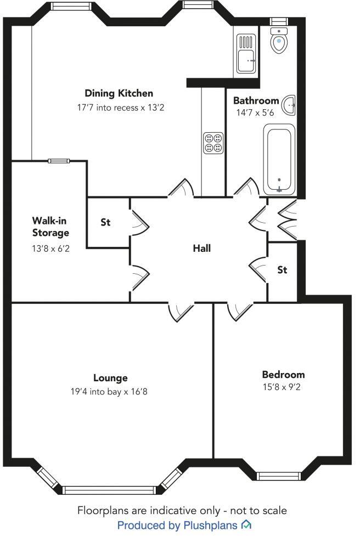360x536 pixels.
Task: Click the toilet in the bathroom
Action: click(x=279, y=41)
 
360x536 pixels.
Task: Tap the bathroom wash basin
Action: click(x=289, y=104)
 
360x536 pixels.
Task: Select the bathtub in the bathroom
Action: click(x=279, y=159)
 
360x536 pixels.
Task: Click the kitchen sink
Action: click(x=246, y=53)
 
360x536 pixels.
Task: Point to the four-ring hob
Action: click(x=213, y=143)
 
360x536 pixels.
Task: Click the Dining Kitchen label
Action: click(x=119, y=93)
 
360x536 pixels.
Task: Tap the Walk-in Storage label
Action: click(x=50, y=227)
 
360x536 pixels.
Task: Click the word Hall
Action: click(x=201, y=248)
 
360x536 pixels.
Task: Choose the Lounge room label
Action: click(x=110, y=377)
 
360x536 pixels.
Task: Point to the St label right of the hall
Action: click(x=282, y=270)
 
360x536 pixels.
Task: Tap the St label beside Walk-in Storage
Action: click(x=105, y=222)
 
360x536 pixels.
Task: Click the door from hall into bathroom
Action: click(x=245, y=188)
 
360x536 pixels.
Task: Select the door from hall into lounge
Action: click(x=181, y=312)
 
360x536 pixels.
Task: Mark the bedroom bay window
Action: click(x=279, y=476)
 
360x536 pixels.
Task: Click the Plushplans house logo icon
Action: click(x=247, y=525)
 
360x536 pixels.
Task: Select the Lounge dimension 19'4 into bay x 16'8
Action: click(x=110, y=392)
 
